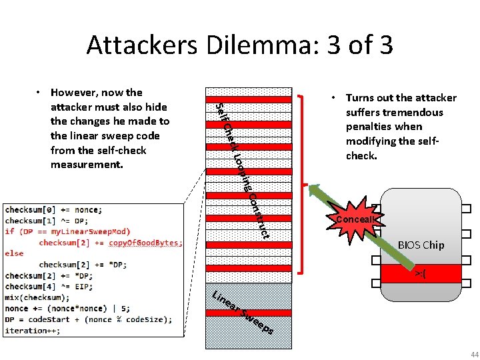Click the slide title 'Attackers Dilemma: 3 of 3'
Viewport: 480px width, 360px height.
pyautogui.click(x=239, y=45)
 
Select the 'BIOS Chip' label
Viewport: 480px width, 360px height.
pyautogui.click(x=421, y=245)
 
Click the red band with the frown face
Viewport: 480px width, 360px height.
pyautogui.click(x=421, y=273)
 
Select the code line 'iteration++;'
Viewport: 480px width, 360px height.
pyautogui.click(x=26, y=331)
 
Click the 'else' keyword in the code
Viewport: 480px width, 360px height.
pyautogui.click(x=14, y=253)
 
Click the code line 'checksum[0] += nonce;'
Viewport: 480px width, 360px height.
pyautogui.click(x=53, y=209)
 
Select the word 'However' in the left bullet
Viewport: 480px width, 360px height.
pyautogui.click(x=72, y=93)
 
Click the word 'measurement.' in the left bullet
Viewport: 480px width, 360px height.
pyautogui.click(x=87, y=164)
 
